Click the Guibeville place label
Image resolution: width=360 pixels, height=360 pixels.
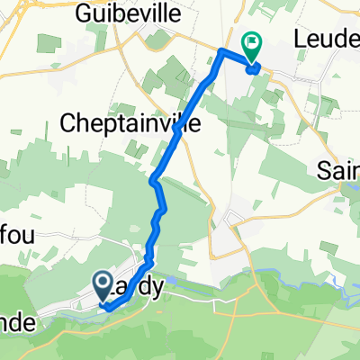[x=122, y=13]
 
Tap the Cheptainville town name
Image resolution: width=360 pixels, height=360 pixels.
[x=131, y=122]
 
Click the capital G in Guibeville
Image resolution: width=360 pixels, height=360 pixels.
[x=85, y=13]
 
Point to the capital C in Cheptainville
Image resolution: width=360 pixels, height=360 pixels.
[x=69, y=122]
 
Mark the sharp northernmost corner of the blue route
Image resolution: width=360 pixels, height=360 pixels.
[x=222, y=50]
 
